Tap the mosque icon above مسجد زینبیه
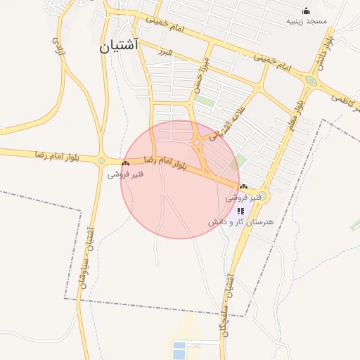click(306, 11)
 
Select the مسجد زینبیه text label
click(307, 22)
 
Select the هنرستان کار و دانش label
click(240, 222)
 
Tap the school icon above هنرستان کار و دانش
click(240, 210)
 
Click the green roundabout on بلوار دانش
click(310, 82)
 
